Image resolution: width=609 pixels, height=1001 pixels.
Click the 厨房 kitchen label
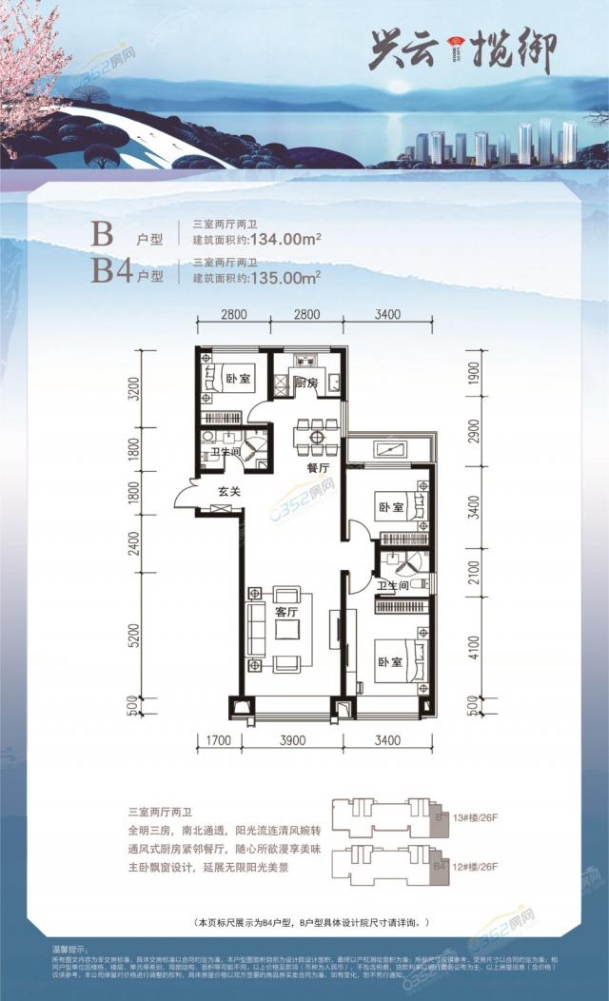[x=305, y=383]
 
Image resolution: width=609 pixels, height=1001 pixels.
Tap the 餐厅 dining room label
[x=318, y=468]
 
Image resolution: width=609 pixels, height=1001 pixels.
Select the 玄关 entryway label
[x=228, y=492]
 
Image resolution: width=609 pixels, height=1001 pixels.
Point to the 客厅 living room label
[x=287, y=612]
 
